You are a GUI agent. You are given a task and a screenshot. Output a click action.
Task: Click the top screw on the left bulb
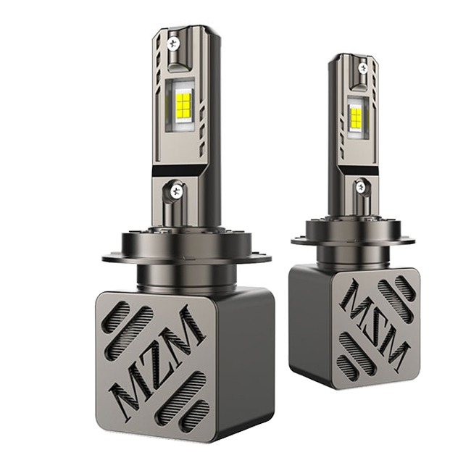[173, 43]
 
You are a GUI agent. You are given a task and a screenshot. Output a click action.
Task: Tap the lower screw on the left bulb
[176, 190]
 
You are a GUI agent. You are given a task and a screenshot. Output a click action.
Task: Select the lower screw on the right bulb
[360, 186]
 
